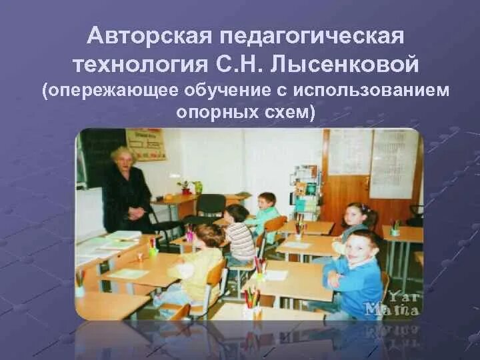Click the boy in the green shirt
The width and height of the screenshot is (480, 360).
point(267,209)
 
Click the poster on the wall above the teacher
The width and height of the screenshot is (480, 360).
point(145,143)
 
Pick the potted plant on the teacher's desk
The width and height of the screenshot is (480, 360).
point(185,187)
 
